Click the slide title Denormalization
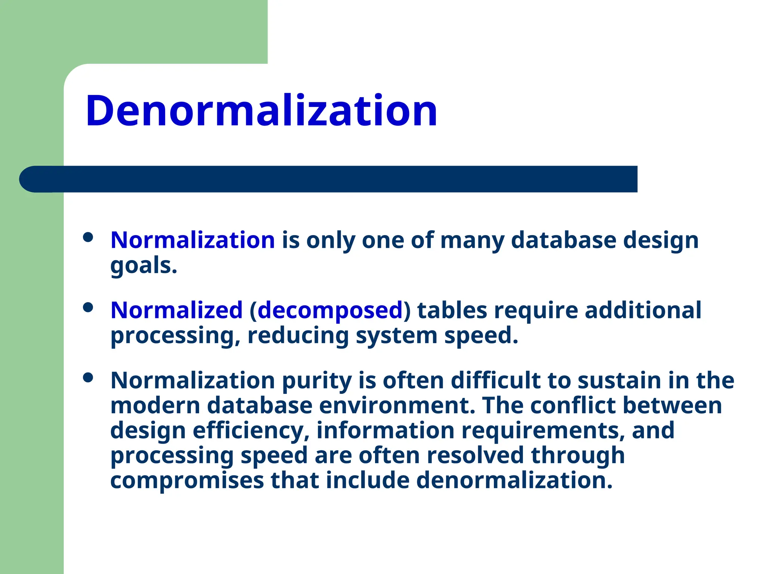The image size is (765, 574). (261, 111)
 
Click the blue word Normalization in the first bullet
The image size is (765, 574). (193, 240)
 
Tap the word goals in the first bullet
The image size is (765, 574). (143, 266)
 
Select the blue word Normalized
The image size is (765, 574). (177, 310)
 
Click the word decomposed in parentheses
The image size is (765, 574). (330, 310)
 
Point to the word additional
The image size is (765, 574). (643, 310)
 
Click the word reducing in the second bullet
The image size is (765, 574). (298, 335)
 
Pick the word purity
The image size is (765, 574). (317, 380)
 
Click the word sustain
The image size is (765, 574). (619, 380)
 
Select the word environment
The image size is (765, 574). (397, 405)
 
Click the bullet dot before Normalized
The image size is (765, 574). (88, 308)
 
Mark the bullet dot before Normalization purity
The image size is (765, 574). (88, 377)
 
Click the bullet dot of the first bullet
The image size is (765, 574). (88, 237)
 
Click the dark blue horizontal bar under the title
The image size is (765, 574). (329, 179)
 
